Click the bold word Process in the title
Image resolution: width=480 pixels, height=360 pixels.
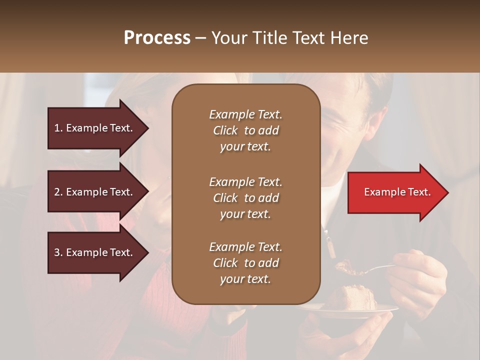[157, 38]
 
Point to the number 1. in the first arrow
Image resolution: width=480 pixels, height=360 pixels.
[58, 128]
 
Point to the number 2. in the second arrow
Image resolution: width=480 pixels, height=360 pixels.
[58, 192]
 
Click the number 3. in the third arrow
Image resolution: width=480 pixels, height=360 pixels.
[58, 252]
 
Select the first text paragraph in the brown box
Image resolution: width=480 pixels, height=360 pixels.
[245, 130]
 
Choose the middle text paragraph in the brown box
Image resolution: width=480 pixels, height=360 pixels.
[245, 198]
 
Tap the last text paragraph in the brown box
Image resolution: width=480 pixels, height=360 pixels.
[245, 263]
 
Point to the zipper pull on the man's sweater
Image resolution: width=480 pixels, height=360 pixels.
[331, 248]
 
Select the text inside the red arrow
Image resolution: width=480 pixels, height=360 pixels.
[397, 192]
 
